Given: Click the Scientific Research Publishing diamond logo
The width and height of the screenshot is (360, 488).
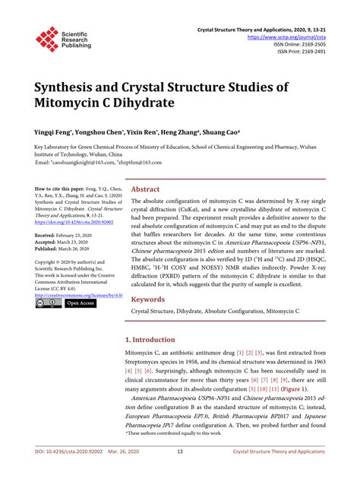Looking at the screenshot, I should tap(47, 39).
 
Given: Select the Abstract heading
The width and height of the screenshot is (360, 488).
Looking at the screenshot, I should tap(145, 189).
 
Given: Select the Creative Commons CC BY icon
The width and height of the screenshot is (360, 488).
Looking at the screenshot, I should tap(48, 303).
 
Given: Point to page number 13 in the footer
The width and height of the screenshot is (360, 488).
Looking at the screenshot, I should tap(180, 472).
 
